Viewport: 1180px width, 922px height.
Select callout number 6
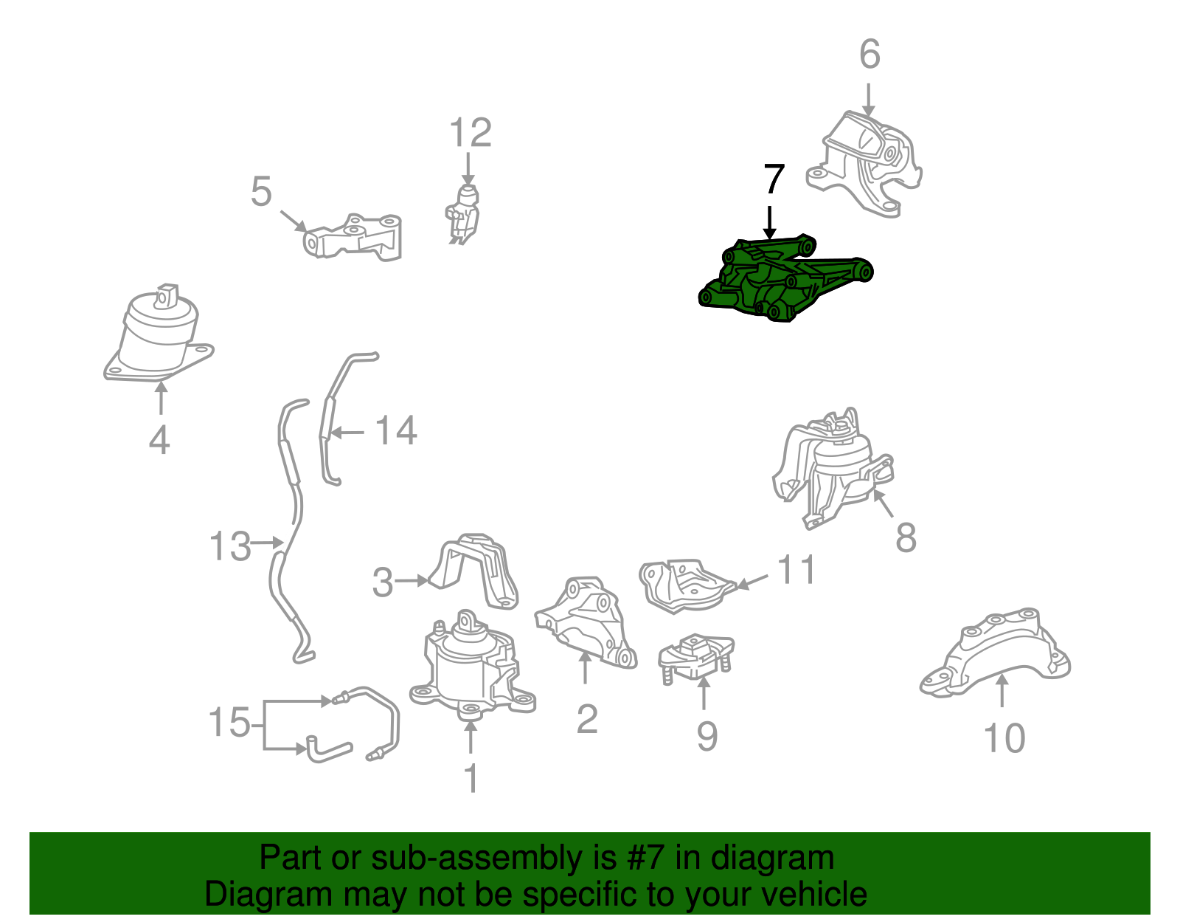pos(870,54)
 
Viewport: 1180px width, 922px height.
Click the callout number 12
pos(471,132)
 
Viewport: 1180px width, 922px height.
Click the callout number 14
pos(397,430)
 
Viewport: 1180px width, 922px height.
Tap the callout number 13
pos(230,546)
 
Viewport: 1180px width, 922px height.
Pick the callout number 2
pos(587,719)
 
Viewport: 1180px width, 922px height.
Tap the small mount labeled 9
pos(695,658)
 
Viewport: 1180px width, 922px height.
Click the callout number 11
pos(796,569)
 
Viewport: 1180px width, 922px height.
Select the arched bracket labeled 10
pos(995,653)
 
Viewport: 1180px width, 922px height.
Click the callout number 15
pos(229,722)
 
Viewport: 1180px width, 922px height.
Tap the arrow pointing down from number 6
pos(868,100)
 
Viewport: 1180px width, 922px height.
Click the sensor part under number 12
pos(462,214)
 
